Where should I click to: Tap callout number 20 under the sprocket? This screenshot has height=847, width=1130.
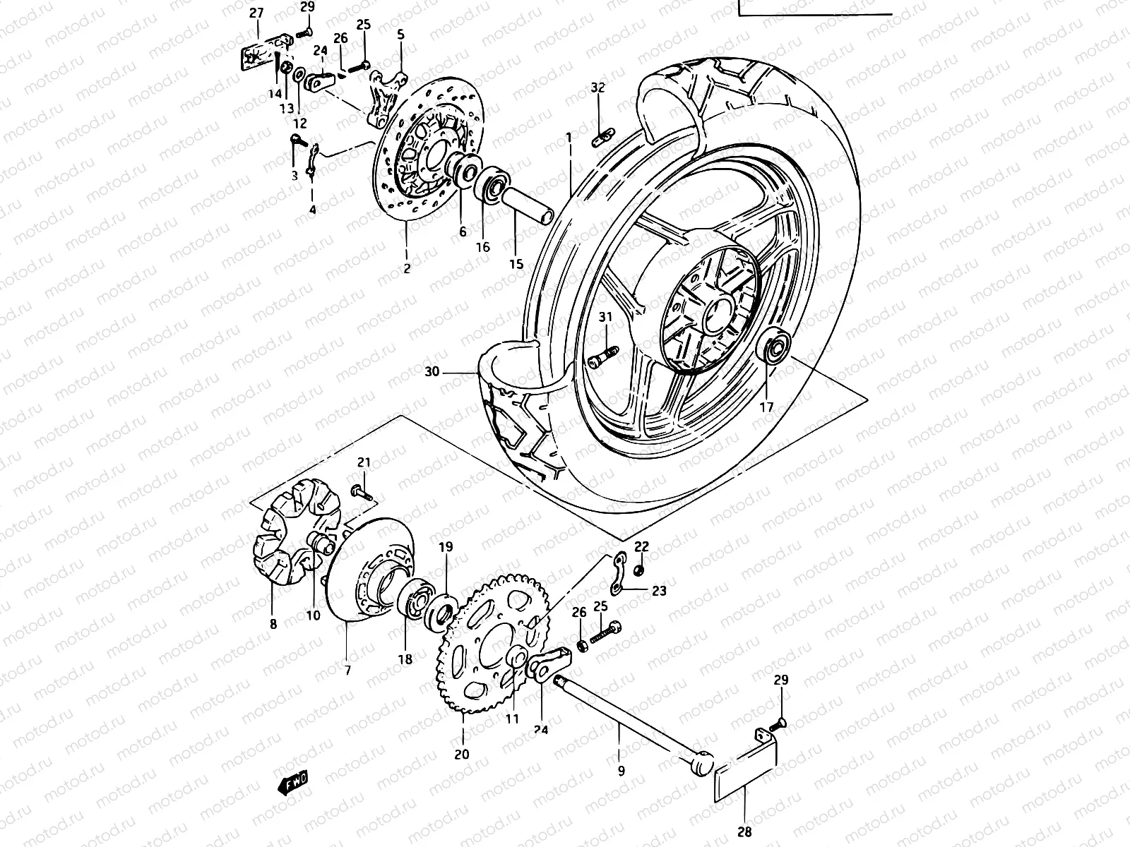[x=461, y=754]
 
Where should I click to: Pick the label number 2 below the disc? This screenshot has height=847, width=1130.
[x=407, y=269]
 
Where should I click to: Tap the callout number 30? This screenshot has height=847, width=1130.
[x=433, y=372]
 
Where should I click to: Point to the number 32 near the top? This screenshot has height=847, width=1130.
[x=598, y=88]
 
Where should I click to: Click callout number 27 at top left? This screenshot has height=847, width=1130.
[x=256, y=13]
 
